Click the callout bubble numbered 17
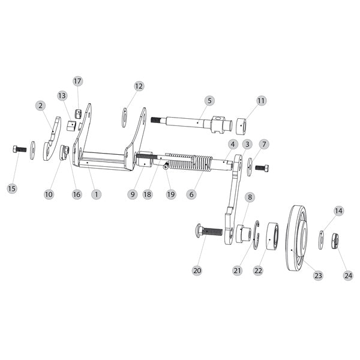point(77,81)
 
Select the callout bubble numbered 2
point(40,105)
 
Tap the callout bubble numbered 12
point(139,86)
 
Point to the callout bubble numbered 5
point(209,100)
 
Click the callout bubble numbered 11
point(261,101)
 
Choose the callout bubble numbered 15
point(12,188)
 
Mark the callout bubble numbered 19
point(171,194)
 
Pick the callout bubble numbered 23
point(318,275)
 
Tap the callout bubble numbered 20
point(197,271)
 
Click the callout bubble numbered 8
point(250,197)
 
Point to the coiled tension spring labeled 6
point(189,163)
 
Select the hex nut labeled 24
point(336,240)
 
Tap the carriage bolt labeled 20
point(208,232)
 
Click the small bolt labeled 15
point(19,148)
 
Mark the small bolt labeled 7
point(262,167)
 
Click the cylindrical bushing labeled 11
point(242,127)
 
